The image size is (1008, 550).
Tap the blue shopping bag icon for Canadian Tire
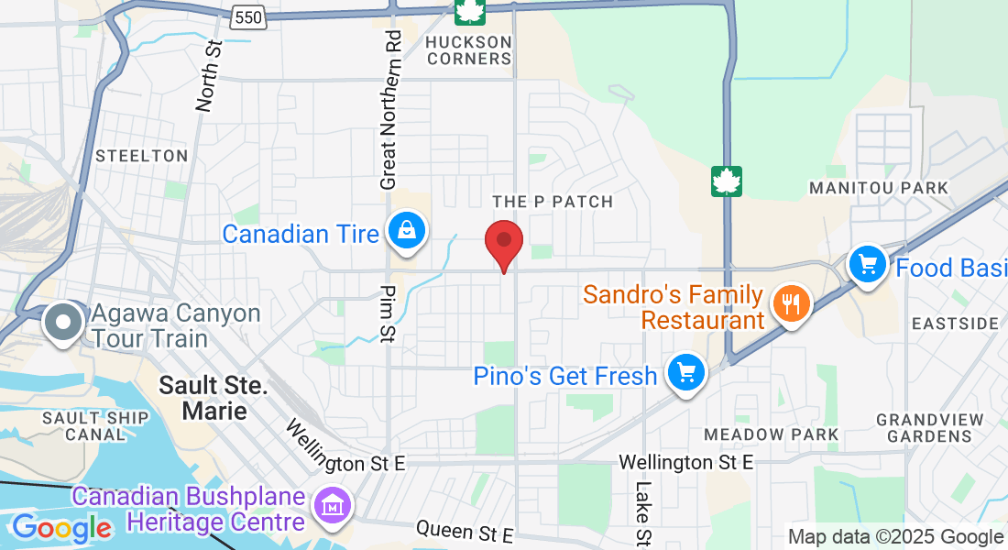point(404,232)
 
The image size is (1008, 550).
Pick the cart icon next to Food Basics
point(866,265)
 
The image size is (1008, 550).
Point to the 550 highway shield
point(248,16)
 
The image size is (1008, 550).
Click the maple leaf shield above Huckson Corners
point(469,11)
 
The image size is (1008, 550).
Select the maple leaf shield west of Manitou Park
point(727,181)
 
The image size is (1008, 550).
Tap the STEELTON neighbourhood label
point(141,156)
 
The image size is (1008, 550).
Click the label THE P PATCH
point(552,201)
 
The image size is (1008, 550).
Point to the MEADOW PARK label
point(771,434)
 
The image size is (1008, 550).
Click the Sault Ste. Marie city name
point(214,397)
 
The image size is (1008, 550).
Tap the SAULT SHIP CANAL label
point(95,425)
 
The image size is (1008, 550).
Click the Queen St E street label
point(465,531)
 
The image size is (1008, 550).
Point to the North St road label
point(210,75)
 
